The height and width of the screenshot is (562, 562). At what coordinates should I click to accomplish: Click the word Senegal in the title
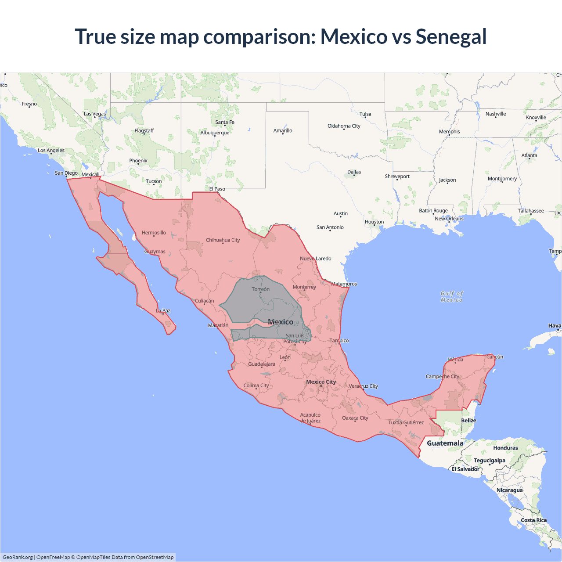point(451,36)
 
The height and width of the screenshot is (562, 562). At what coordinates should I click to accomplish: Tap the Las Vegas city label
point(95,114)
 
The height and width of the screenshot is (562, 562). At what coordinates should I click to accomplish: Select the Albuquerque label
point(215,133)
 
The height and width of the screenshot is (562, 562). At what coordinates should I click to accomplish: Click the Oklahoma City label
point(344,126)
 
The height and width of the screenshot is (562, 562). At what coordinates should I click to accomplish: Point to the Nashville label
point(496,114)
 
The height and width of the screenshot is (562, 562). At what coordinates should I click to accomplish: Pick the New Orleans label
point(449,219)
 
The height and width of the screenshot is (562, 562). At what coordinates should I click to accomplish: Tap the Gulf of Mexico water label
point(451,296)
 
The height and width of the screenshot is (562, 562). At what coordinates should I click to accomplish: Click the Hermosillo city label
point(154,233)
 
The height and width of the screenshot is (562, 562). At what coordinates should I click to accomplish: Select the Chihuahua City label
point(223,240)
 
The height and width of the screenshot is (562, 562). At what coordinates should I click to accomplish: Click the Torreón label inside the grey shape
point(260,289)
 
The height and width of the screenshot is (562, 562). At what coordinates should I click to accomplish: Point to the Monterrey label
point(304,287)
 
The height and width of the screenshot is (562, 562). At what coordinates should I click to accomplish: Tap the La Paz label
point(163,310)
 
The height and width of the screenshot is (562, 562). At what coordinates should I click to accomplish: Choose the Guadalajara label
point(262,364)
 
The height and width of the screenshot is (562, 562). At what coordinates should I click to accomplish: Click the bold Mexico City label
point(321,382)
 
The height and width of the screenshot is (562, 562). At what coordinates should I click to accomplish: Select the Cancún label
point(494,357)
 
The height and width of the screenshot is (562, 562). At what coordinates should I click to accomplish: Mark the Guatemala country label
point(445,443)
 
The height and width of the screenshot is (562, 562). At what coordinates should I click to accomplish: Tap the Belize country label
point(468,421)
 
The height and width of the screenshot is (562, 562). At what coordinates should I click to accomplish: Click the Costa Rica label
point(533,520)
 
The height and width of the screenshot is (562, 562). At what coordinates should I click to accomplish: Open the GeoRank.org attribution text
point(18,557)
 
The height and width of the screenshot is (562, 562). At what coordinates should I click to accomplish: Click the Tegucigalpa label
point(489,461)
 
